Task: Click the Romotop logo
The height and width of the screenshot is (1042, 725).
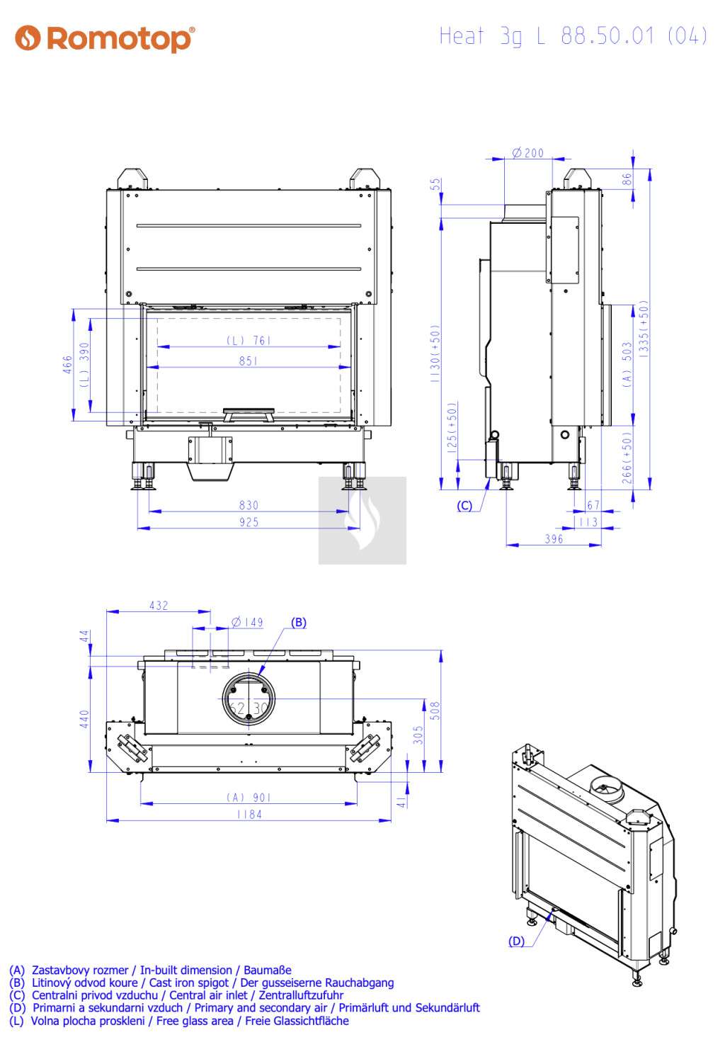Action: point(105,39)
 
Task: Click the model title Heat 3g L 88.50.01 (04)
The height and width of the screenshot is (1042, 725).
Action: point(573,36)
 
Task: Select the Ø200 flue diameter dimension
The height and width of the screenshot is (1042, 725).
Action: point(528,152)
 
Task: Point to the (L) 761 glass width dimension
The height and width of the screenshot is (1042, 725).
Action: point(249,341)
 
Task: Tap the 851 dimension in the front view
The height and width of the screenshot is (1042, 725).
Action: point(249,361)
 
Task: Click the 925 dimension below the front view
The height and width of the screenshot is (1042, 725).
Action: point(249,522)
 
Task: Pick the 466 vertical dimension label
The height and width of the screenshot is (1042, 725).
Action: point(68,364)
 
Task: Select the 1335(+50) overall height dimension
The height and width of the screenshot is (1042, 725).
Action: point(644,329)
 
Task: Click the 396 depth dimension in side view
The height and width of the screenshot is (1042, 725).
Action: point(554,538)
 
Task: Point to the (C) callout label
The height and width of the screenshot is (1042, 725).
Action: point(464,506)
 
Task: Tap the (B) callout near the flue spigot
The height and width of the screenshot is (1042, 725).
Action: point(299,623)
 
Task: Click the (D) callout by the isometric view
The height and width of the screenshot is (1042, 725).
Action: point(516,941)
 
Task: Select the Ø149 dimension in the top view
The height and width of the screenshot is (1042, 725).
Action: point(247,622)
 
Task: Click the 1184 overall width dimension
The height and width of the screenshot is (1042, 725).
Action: point(249,814)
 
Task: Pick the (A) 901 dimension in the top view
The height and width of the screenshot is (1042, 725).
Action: point(249,798)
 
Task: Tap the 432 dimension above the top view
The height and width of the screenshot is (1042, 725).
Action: point(159,605)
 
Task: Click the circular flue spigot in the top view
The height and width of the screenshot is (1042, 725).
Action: point(249,698)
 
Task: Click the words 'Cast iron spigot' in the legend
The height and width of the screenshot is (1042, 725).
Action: point(189,982)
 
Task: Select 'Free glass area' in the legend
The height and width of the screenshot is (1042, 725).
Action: point(195,1021)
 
